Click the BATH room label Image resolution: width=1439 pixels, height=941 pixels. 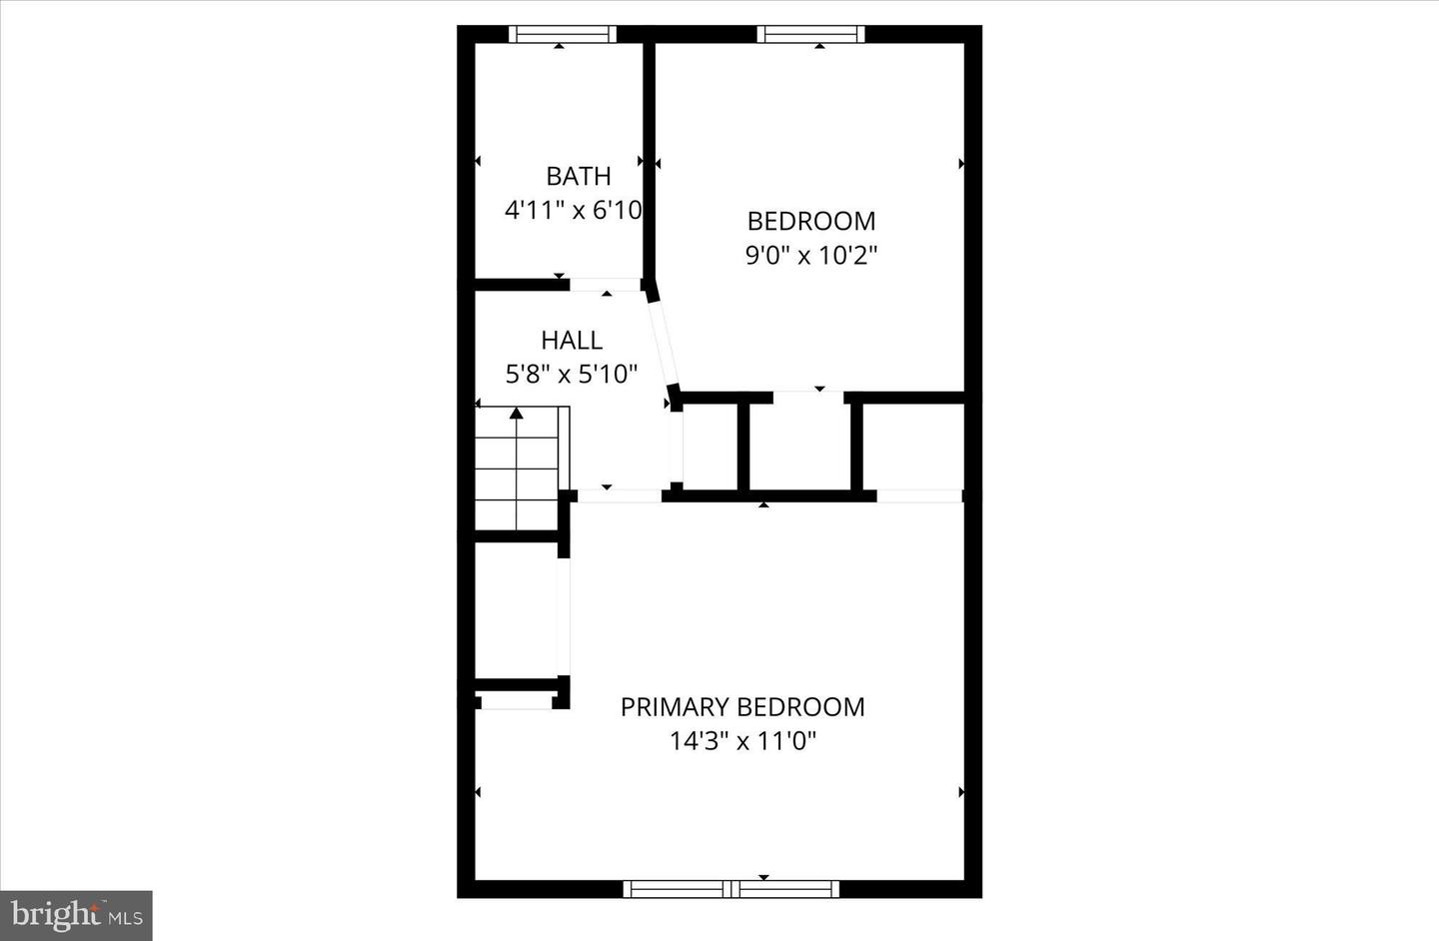click(x=578, y=176)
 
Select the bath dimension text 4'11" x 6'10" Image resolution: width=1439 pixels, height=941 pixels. click(x=573, y=210)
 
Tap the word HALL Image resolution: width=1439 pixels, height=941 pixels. click(x=572, y=340)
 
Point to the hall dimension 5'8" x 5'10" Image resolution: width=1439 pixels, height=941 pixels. click(x=572, y=374)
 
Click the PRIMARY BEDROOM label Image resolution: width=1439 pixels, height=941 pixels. click(x=742, y=707)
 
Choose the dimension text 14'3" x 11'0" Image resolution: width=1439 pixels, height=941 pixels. click(x=742, y=741)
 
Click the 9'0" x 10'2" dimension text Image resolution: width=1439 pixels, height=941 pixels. click(x=810, y=255)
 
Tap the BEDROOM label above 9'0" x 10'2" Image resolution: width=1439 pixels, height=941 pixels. click(x=810, y=221)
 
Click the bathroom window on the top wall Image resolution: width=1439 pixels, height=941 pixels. click(x=562, y=35)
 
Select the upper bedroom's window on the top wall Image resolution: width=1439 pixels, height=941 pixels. click(x=809, y=35)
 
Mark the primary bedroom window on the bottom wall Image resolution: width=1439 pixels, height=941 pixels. click(x=731, y=888)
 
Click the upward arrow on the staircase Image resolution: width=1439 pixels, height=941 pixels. click(x=517, y=412)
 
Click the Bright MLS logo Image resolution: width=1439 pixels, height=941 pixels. click(x=76, y=915)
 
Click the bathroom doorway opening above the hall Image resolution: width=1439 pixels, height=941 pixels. click(x=606, y=285)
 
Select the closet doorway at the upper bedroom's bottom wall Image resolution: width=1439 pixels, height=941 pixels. click(x=808, y=397)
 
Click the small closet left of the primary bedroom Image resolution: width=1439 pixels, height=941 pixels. click(x=516, y=611)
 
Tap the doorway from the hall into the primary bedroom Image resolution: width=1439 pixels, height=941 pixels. click(x=619, y=495)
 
